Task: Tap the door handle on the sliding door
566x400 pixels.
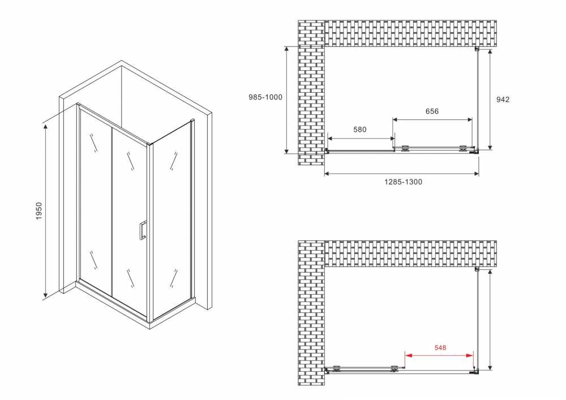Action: [x=143, y=230]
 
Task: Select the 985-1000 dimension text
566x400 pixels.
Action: [x=265, y=97]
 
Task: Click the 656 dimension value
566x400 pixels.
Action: [x=432, y=111]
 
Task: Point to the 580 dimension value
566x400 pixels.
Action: [x=360, y=130]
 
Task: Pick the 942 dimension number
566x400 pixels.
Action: [x=503, y=100]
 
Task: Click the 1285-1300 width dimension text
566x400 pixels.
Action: [x=403, y=182]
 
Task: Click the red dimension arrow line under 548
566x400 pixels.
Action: [x=439, y=355]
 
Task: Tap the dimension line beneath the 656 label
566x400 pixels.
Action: [x=432, y=119]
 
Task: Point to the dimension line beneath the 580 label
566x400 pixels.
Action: [x=361, y=138]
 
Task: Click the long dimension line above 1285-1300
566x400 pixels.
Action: [x=402, y=173]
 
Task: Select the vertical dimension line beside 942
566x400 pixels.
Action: [x=489, y=100]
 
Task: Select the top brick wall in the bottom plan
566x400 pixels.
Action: [x=410, y=253]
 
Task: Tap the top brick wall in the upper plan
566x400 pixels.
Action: [x=410, y=33]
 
